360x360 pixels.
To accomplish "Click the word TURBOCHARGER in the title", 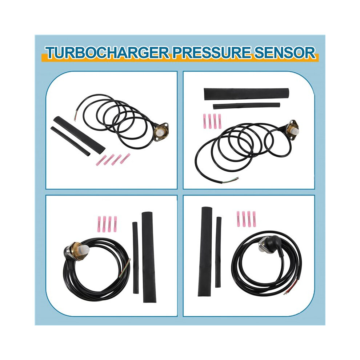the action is (107, 53).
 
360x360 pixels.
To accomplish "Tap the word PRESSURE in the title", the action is (211, 53).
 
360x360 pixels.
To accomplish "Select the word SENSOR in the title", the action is (285, 53).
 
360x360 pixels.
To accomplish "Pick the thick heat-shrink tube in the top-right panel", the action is (246, 93).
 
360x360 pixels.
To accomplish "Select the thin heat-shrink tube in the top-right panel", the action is (246, 106).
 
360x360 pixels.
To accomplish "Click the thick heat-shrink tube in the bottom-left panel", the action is (149, 257).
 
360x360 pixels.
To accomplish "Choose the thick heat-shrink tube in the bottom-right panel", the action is (205, 251).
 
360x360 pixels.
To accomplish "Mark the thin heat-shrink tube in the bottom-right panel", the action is (218, 252).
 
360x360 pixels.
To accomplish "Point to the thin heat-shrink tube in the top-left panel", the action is (70, 141).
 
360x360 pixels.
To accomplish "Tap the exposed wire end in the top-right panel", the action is (231, 180).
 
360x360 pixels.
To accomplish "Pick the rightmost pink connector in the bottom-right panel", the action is (254, 219).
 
